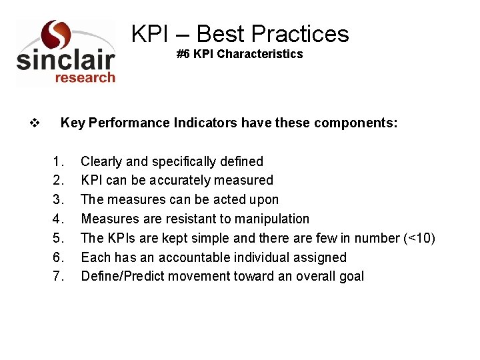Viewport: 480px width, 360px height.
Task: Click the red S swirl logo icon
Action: pyautogui.click(x=55, y=35)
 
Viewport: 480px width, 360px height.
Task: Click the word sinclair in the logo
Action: pyautogui.click(x=65, y=61)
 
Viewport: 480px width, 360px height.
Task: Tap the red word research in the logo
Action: pyautogui.click(x=85, y=78)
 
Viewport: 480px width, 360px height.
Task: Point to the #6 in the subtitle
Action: pyautogui.click(x=183, y=54)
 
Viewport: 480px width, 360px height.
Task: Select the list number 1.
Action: pyautogui.click(x=59, y=161)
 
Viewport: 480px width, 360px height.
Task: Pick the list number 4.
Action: pyautogui.click(x=59, y=219)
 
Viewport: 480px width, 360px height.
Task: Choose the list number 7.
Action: pyautogui.click(x=59, y=276)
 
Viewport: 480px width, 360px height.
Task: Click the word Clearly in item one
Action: pyautogui.click(x=101, y=161)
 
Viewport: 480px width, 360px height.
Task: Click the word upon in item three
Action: pyautogui.click(x=265, y=200)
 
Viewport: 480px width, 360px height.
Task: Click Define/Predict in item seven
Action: pyautogui.click(x=122, y=276)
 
